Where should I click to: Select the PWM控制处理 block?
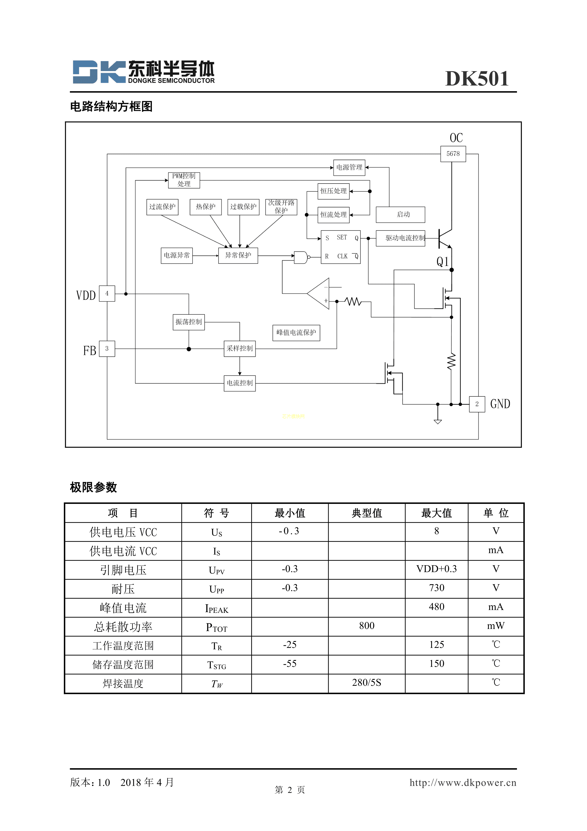click(x=184, y=180)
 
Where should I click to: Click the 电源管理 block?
click(x=349, y=167)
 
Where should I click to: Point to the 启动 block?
click(x=401, y=215)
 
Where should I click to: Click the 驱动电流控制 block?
click(x=401, y=238)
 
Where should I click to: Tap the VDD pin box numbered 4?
click(x=107, y=294)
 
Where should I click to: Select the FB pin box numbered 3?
click(x=107, y=348)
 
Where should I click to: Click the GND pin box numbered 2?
click(x=477, y=404)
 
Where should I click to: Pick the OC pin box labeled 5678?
click(x=453, y=154)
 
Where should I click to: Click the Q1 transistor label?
click(x=442, y=262)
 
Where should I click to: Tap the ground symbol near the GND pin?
click(x=438, y=421)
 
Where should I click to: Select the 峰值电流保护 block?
click(x=296, y=333)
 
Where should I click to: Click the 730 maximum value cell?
click(x=436, y=588)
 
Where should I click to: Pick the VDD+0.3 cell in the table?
click(x=436, y=569)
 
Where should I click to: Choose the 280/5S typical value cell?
click(x=366, y=683)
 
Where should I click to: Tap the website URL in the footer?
click(x=463, y=782)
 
